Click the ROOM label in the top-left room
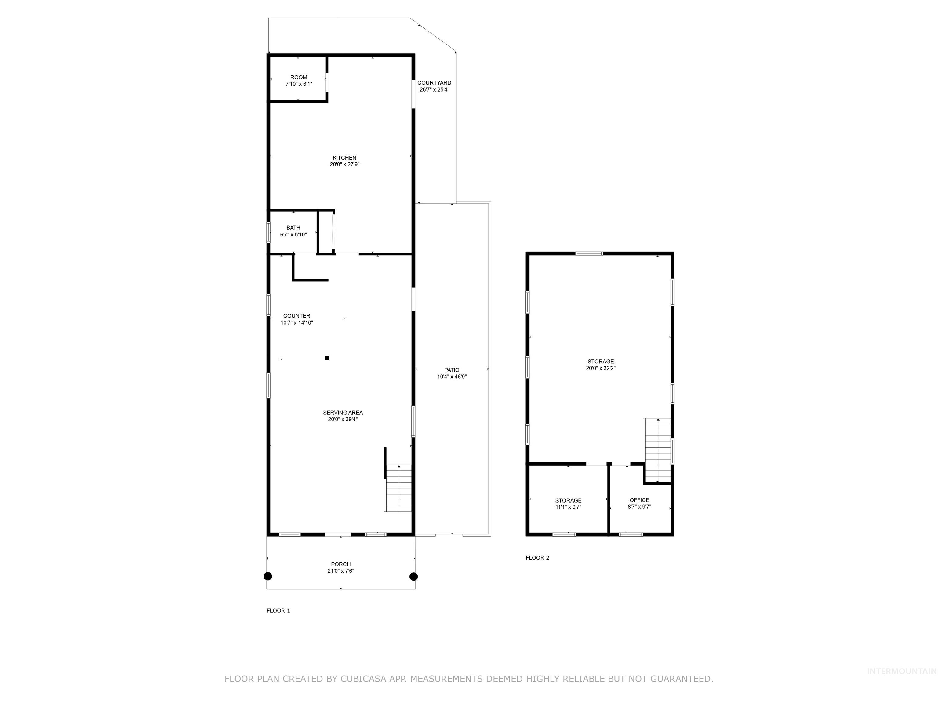pyautogui.click(x=299, y=77)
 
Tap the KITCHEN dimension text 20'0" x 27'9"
pyautogui.click(x=344, y=164)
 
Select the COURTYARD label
pyautogui.click(x=434, y=83)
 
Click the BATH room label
pyautogui.click(x=293, y=228)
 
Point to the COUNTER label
pyautogui.click(x=296, y=316)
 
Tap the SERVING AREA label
pyautogui.click(x=343, y=412)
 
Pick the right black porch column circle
pyautogui.click(x=413, y=576)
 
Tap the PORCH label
pyautogui.click(x=340, y=564)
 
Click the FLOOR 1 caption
pyautogui.click(x=278, y=611)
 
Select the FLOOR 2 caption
pyautogui.click(x=537, y=558)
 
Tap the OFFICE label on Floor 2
pyautogui.click(x=639, y=500)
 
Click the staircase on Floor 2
pyautogui.click(x=658, y=450)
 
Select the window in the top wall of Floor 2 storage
pyautogui.click(x=589, y=254)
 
